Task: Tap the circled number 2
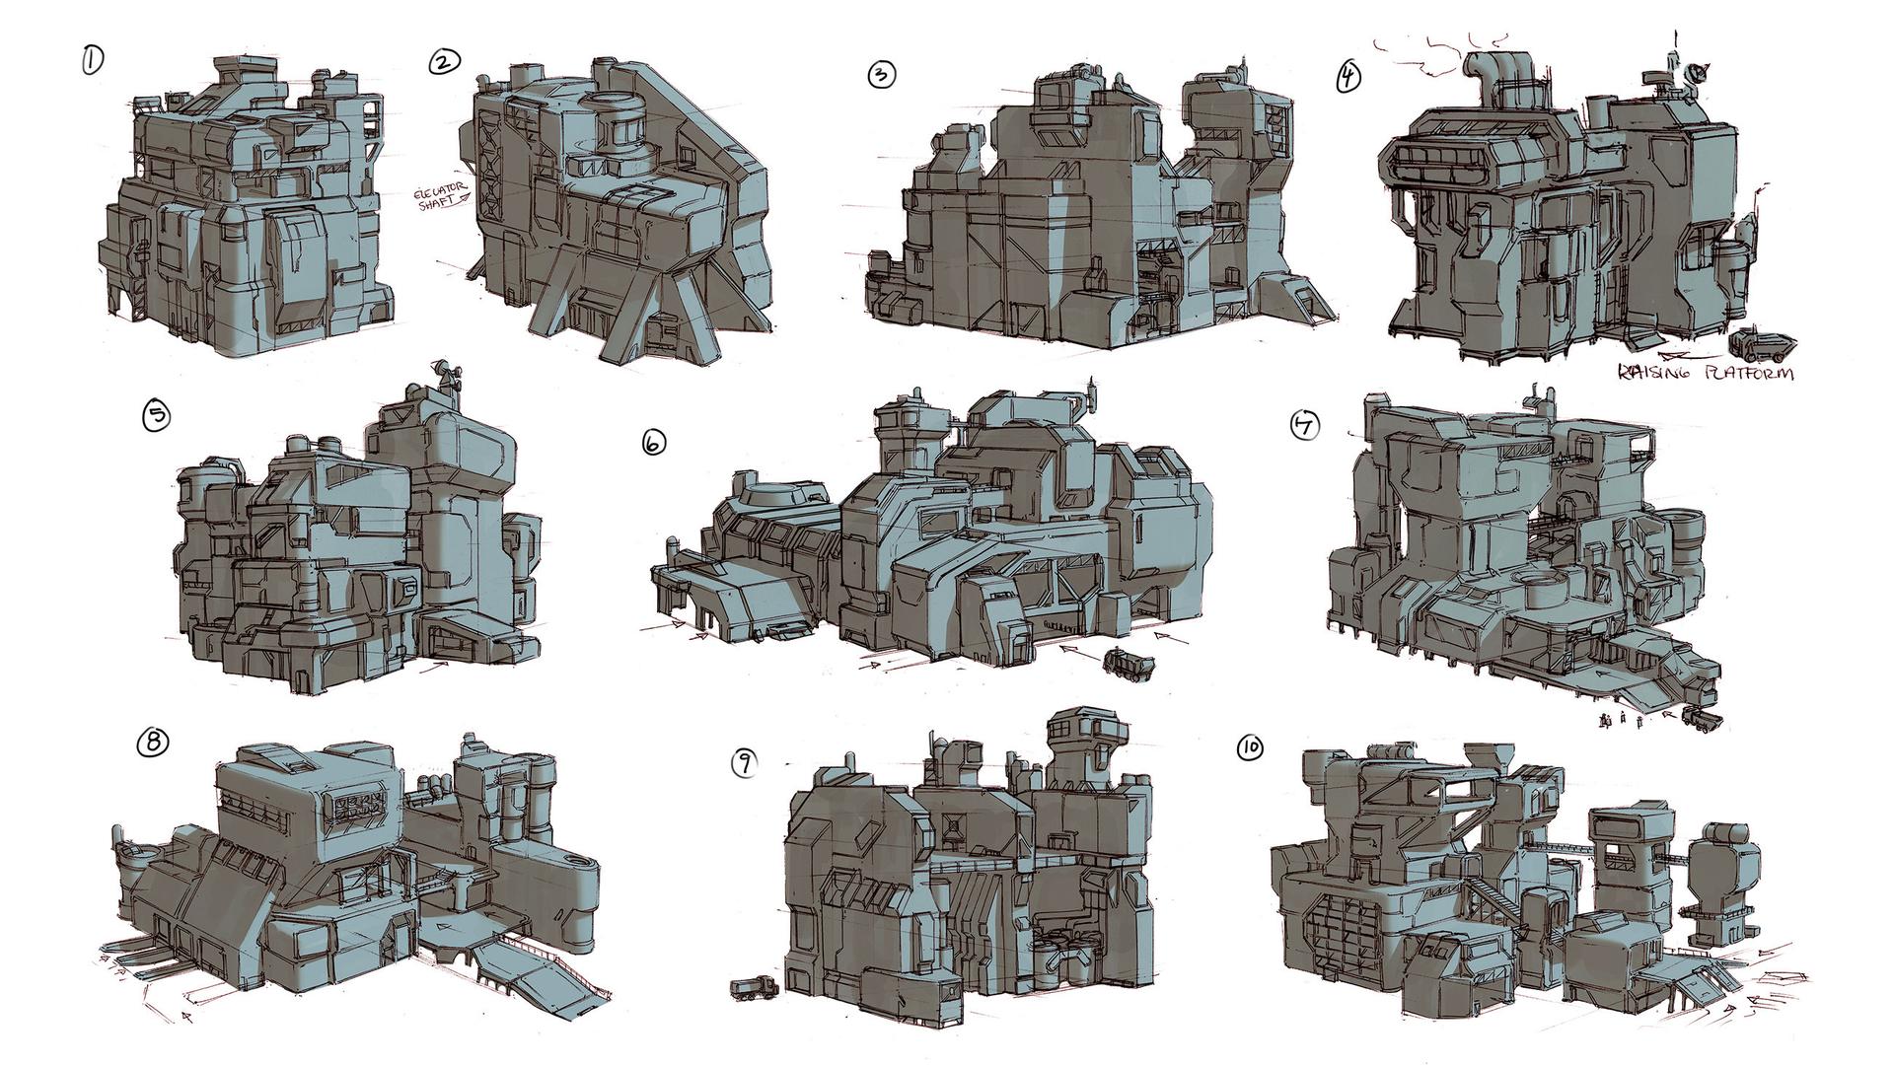[x=444, y=63]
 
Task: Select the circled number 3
[x=880, y=75]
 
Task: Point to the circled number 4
[x=1348, y=77]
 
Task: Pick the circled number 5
[x=156, y=416]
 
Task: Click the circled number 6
[x=653, y=444]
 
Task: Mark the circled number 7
[x=1305, y=425]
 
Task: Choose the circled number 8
[x=153, y=744]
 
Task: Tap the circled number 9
[x=744, y=761]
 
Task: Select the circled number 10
[x=1249, y=749]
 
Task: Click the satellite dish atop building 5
[x=446, y=376]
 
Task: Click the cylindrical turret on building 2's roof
[x=620, y=124]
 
